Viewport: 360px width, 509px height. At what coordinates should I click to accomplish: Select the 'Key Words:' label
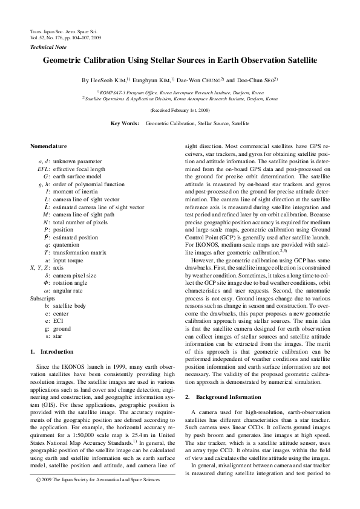[125, 123]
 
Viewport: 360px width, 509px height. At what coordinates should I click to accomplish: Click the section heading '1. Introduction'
[52, 351]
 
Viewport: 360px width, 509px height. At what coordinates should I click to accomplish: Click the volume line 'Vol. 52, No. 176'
[65, 37]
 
